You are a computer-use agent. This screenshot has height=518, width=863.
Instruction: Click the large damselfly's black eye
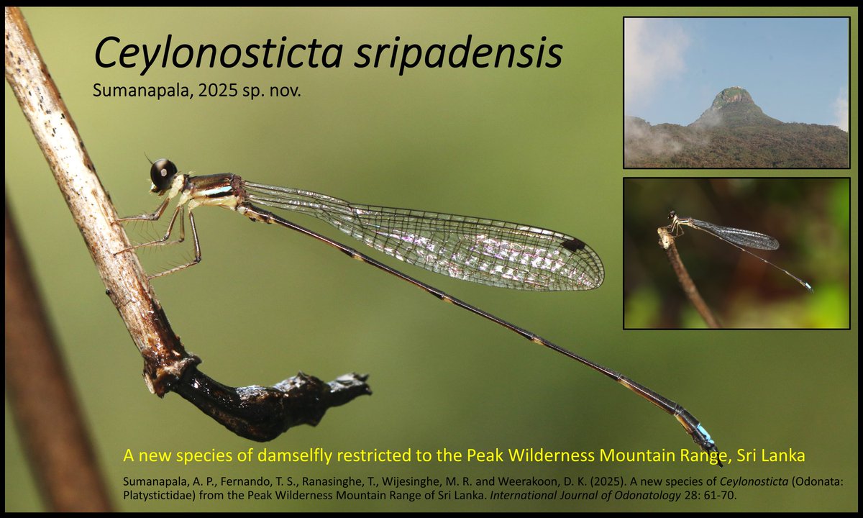163,173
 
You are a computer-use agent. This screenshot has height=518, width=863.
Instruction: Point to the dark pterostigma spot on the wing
573,245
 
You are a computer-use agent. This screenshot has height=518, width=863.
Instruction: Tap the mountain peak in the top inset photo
734,101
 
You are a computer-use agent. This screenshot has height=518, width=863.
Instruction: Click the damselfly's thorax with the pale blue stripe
216,190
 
